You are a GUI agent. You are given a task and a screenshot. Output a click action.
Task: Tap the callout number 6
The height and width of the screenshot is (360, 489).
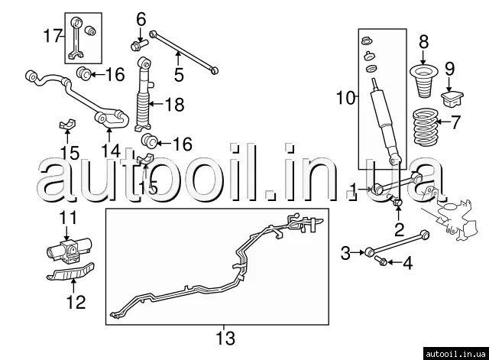click(141, 18)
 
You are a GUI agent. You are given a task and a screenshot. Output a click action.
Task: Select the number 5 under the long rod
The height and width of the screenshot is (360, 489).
click(179, 75)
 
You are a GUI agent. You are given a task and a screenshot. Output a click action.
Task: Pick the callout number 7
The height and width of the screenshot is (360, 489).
click(456, 121)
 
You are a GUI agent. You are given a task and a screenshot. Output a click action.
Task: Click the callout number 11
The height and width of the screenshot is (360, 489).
click(69, 217)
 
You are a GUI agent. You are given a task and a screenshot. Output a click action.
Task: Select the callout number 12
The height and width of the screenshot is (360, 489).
click(75, 300)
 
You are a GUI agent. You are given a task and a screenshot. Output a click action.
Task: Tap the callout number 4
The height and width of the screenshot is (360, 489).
click(407, 264)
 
